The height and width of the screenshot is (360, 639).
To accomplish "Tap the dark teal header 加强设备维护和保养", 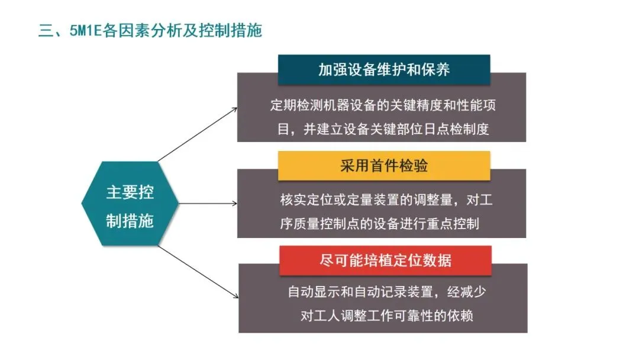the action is click(x=384, y=70).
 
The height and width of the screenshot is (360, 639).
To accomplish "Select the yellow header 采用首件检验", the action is click(x=384, y=166).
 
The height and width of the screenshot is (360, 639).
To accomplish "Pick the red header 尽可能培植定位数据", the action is click(x=385, y=261).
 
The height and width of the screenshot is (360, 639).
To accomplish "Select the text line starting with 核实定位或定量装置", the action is click(x=386, y=201).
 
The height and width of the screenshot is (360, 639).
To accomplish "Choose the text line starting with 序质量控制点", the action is click(x=379, y=224).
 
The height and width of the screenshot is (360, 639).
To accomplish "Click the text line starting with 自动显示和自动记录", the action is click(x=387, y=292).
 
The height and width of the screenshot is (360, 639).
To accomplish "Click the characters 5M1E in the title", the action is click(x=85, y=31).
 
